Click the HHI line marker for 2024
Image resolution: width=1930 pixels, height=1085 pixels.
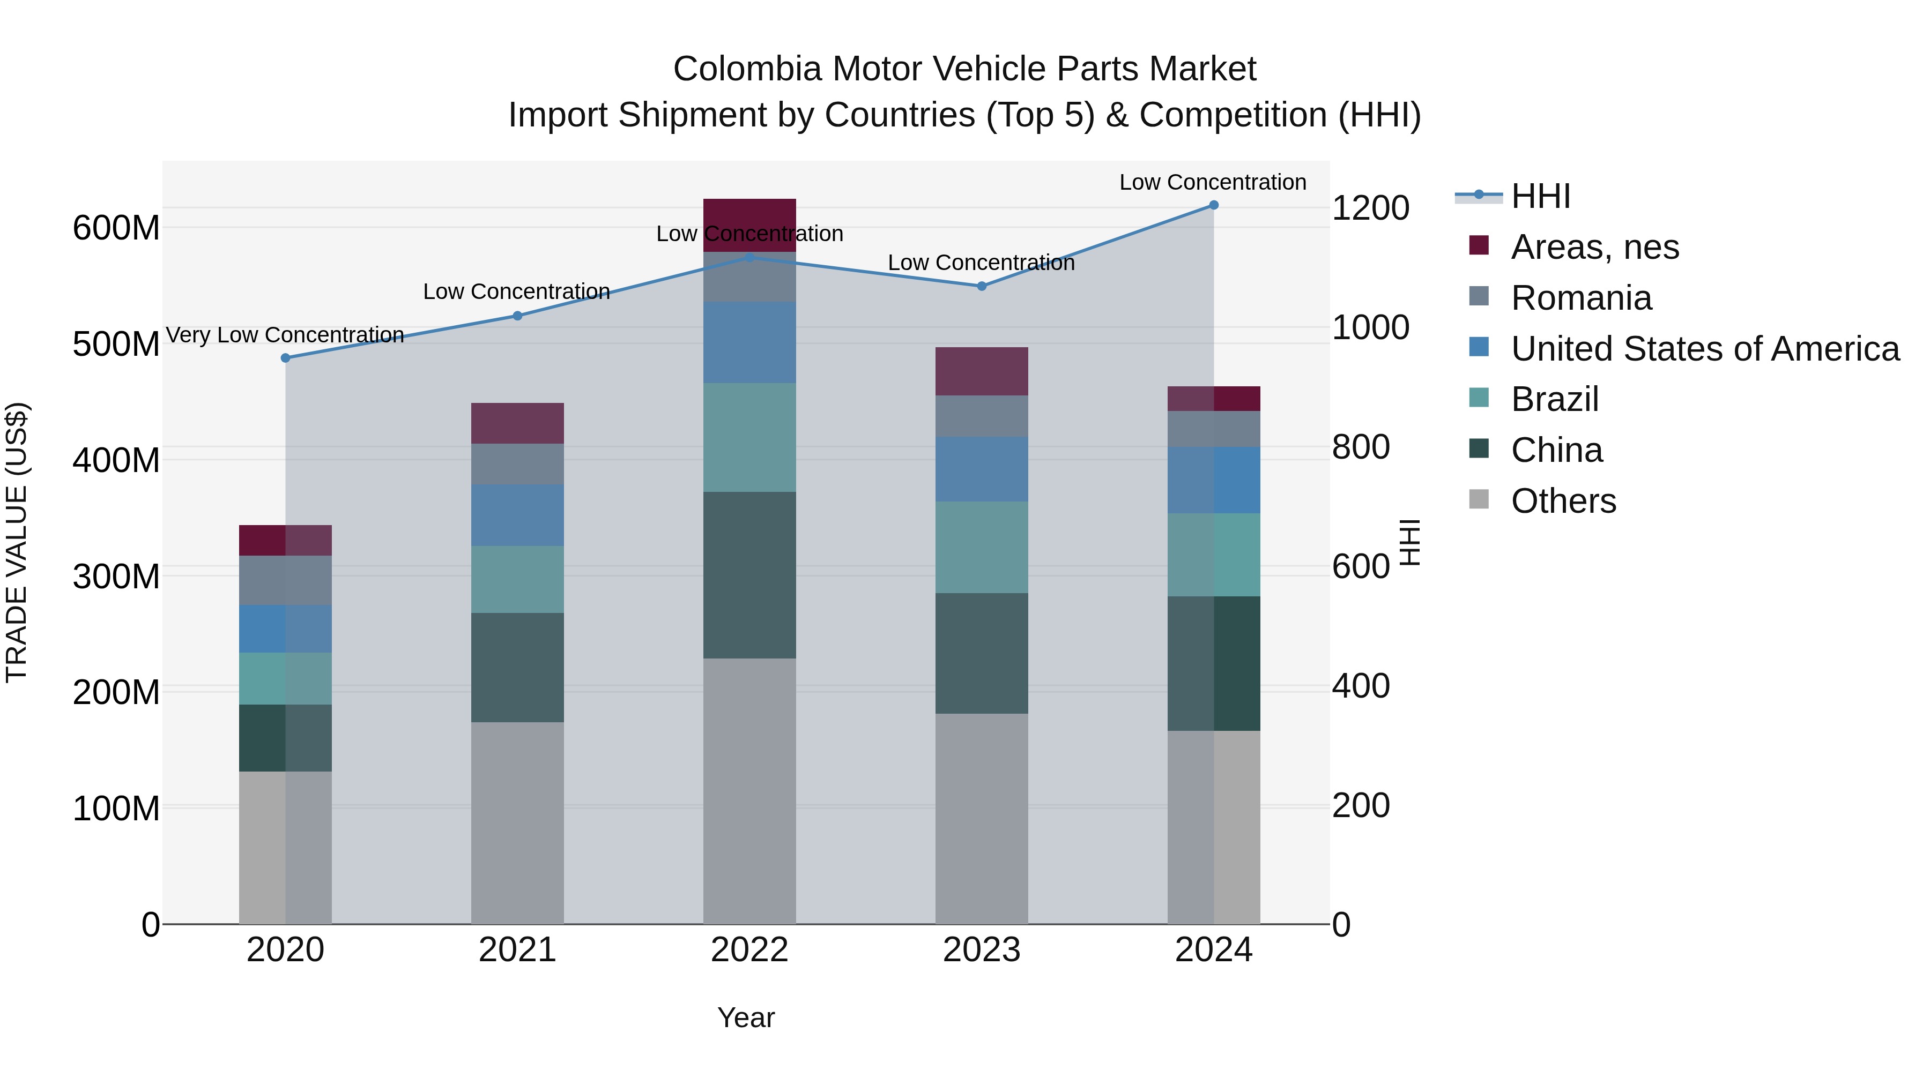click(1214, 205)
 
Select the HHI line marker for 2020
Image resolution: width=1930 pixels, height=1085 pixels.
click(285, 358)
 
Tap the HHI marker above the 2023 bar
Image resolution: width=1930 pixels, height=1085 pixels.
click(982, 286)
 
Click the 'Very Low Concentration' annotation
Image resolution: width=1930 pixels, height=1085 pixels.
click(285, 335)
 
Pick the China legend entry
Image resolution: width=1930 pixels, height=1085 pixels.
click(1556, 450)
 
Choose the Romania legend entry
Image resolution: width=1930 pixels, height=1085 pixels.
click(1581, 298)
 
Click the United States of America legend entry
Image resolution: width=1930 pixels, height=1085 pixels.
click(1704, 349)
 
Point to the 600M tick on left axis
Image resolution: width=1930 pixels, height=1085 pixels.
click(116, 228)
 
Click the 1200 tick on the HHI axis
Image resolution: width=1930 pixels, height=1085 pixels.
click(1370, 208)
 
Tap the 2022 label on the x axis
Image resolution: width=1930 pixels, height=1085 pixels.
click(749, 950)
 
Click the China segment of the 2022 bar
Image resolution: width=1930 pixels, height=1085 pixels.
click(749, 575)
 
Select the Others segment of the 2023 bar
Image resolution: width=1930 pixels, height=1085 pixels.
click(982, 818)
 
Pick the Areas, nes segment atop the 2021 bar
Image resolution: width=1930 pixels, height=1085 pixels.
click(517, 423)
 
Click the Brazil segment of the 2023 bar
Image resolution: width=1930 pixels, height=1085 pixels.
click(982, 548)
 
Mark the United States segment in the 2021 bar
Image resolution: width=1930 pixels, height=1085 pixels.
click(517, 515)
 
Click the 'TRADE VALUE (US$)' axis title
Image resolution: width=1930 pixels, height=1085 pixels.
click(17, 542)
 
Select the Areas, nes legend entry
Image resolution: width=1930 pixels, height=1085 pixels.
click(1594, 247)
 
